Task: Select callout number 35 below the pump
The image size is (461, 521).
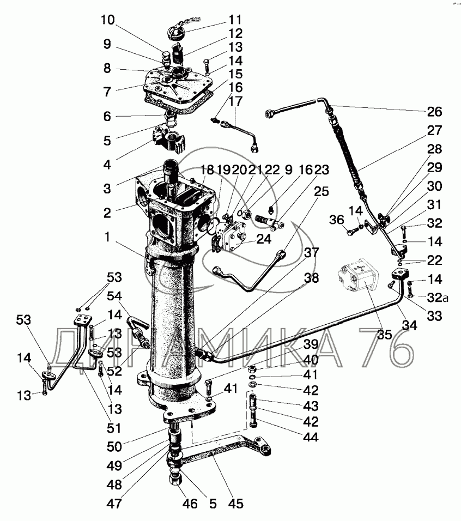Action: (385, 335)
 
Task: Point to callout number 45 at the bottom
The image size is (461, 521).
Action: (236, 504)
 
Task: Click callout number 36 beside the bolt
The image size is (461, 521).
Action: (337, 220)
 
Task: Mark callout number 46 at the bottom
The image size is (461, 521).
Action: (189, 504)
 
